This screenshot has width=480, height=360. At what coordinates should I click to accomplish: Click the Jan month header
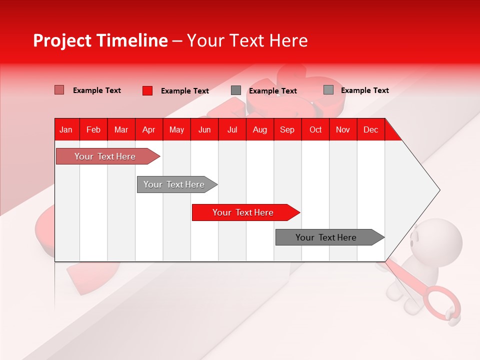tap(66, 129)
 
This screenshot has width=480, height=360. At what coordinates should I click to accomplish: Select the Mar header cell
tap(121, 129)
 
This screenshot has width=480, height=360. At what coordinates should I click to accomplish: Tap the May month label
tap(176, 129)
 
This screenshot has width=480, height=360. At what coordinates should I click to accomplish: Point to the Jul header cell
tap(232, 129)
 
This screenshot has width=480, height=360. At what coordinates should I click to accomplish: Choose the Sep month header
tap(287, 129)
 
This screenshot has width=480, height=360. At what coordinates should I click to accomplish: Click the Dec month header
tap(370, 129)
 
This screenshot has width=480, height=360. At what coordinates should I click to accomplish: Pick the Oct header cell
tap(315, 129)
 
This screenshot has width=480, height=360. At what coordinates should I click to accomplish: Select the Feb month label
tap(93, 129)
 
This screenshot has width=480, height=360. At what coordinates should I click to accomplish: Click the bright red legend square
tap(147, 90)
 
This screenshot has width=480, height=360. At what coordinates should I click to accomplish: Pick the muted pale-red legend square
tap(59, 90)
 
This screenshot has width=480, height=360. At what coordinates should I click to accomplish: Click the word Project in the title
tap(62, 40)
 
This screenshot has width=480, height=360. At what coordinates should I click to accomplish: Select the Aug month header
tap(259, 129)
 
